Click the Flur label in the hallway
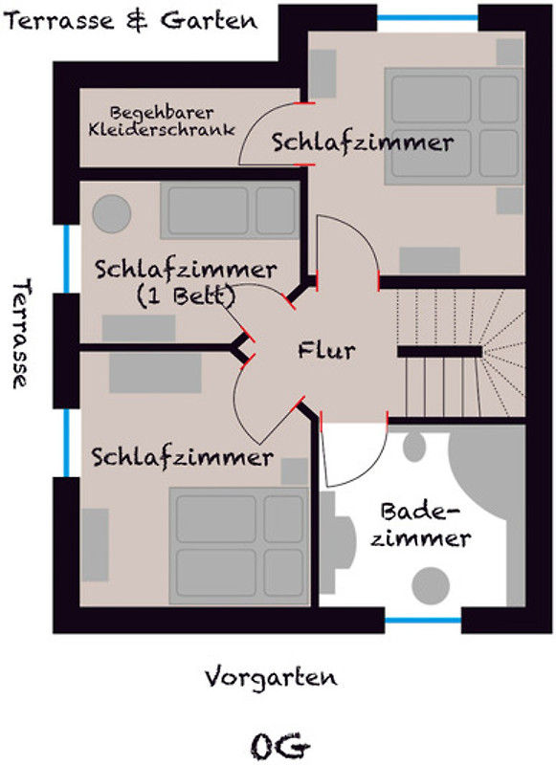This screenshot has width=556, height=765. tap(326, 350)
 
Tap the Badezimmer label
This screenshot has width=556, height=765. tap(420, 525)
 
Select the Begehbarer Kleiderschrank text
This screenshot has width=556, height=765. tap(162, 121)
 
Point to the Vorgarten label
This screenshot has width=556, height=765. tap(271, 677)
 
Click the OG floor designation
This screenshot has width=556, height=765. tap(280, 746)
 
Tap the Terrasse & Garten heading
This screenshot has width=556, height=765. tap(131, 21)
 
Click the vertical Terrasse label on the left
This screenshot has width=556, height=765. tap(20, 333)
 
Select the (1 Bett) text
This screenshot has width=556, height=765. tap(186, 295)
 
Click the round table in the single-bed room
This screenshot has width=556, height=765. tap(112, 213)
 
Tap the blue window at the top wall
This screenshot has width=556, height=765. tap(428, 18)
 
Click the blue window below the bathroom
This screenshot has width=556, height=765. tap(423, 621)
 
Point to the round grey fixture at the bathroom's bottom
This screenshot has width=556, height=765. tap(431, 585)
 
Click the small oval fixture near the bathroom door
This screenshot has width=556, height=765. tap(414, 446)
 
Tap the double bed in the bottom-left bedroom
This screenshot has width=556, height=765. tap(239, 545)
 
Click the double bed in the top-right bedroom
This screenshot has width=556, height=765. tap(454, 126)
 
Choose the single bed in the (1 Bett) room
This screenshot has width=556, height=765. tap(230, 210)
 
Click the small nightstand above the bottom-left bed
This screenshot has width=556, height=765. tap(295, 471)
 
